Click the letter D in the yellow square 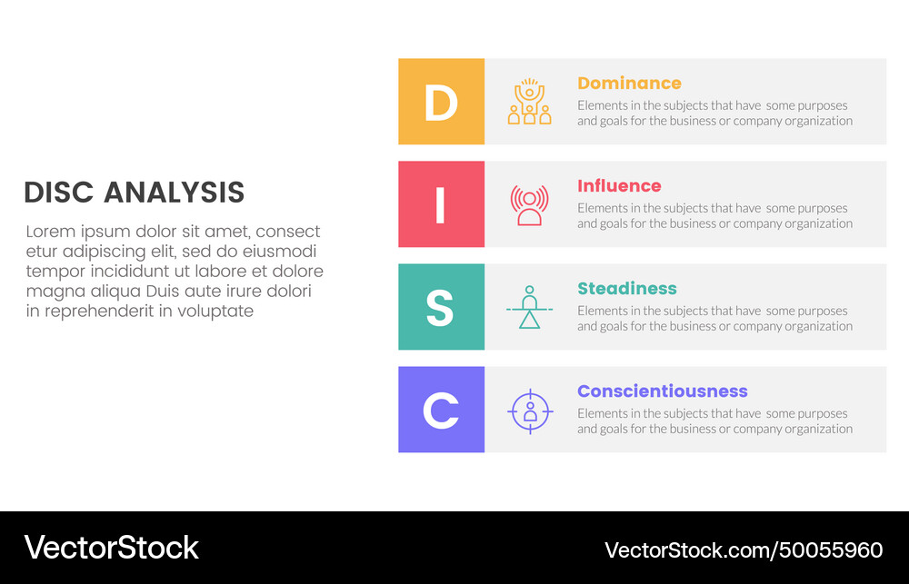point(441,103)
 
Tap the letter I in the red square point(441,205)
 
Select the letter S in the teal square point(441,308)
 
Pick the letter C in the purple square point(441,411)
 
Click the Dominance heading point(629,84)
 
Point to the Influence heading point(619,186)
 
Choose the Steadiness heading point(627,289)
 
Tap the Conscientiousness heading point(662,391)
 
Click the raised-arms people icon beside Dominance point(529,102)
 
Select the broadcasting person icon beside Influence point(529,204)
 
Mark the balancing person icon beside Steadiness point(529,307)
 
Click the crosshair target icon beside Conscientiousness point(529,411)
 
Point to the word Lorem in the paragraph point(50,232)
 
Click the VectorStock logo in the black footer point(112,548)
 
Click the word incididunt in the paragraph point(120,272)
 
